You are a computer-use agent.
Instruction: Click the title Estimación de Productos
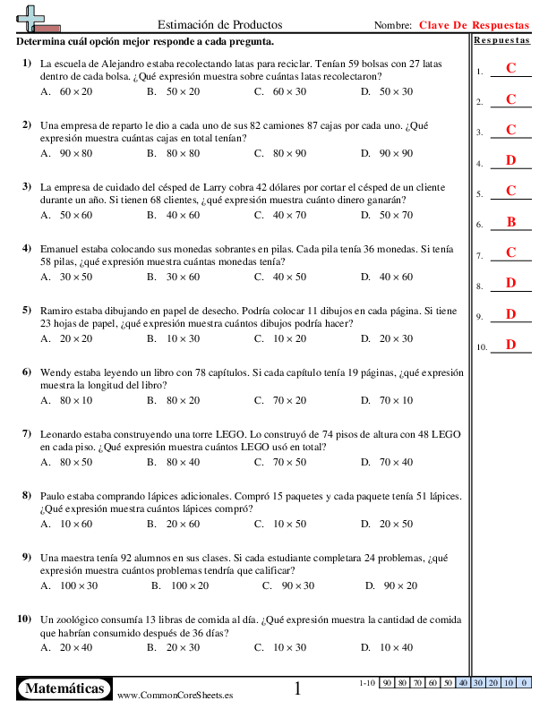point(219,25)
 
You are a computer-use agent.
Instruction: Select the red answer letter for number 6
point(511,222)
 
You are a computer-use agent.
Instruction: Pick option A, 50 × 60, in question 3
point(68,215)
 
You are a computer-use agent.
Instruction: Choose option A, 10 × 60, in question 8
point(68,524)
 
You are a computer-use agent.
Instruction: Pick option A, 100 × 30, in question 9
point(71,585)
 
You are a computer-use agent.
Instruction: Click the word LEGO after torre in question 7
point(202,433)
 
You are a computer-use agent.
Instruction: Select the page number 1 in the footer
point(298,688)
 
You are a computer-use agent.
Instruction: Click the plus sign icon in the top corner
point(34,18)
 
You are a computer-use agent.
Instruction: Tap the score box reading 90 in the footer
point(387,683)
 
